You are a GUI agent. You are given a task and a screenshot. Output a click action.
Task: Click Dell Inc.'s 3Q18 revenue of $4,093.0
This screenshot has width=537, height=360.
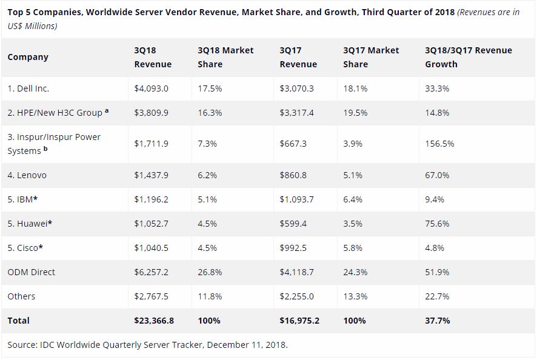[151, 88]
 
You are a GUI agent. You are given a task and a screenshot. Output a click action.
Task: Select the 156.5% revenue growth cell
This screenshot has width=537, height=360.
[439, 144]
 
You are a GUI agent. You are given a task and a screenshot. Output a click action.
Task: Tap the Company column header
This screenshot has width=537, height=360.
[28, 57]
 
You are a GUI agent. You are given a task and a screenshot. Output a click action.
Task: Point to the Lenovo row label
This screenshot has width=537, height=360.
[27, 175]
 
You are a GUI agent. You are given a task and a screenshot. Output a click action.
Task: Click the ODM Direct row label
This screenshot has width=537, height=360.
[31, 272]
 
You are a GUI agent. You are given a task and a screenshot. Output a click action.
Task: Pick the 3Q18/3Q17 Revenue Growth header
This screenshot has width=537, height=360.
[469, 57]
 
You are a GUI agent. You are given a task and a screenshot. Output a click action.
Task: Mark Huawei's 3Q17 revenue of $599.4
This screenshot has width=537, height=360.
[293, 224]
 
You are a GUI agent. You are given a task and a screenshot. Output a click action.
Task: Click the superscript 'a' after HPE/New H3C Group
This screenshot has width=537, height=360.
[107, 112]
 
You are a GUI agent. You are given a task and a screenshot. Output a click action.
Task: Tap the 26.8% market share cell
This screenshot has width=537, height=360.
[210, 272]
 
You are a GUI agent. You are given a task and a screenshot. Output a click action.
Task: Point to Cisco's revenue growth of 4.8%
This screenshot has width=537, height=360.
[435, 248]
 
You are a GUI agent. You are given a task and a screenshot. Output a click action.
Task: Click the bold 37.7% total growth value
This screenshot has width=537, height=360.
[438, 320]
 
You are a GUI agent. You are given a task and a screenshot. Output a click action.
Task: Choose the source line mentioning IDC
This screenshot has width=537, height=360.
[147, 345]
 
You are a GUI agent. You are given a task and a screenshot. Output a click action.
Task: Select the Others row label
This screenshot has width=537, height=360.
[21, 296]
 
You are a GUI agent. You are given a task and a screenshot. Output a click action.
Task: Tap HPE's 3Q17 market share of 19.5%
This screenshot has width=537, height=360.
[355, 113]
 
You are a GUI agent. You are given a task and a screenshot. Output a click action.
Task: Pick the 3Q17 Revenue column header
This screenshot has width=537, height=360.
[298, 57]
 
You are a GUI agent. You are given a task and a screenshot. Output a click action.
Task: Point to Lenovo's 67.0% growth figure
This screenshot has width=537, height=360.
[437, 175]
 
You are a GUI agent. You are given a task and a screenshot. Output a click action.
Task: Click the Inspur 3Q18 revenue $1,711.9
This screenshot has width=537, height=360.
[151, 144]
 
